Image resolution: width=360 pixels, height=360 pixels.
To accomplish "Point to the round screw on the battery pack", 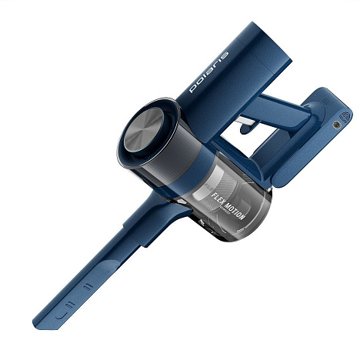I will (x=337, y=124).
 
